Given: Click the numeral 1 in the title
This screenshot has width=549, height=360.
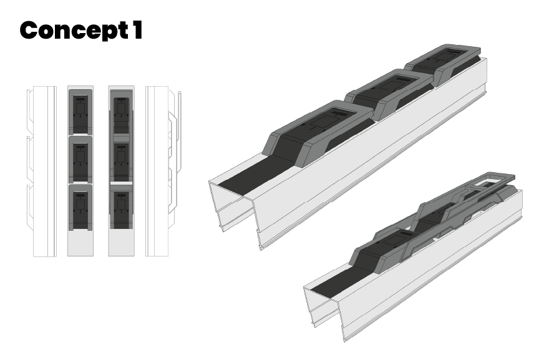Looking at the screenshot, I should pyautogui.click(x=137, y=29).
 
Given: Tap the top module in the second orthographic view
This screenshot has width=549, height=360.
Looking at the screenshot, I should pyautogui.click(x=80, y=111).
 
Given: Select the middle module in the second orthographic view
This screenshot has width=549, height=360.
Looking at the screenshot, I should pyautogui.click(x=80, y=159).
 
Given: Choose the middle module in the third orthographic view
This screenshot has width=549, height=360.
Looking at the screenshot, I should pyautogui.click(x=121, y=159).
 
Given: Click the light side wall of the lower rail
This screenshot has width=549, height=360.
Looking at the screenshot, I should pyautogui.click(x=437, y=275).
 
